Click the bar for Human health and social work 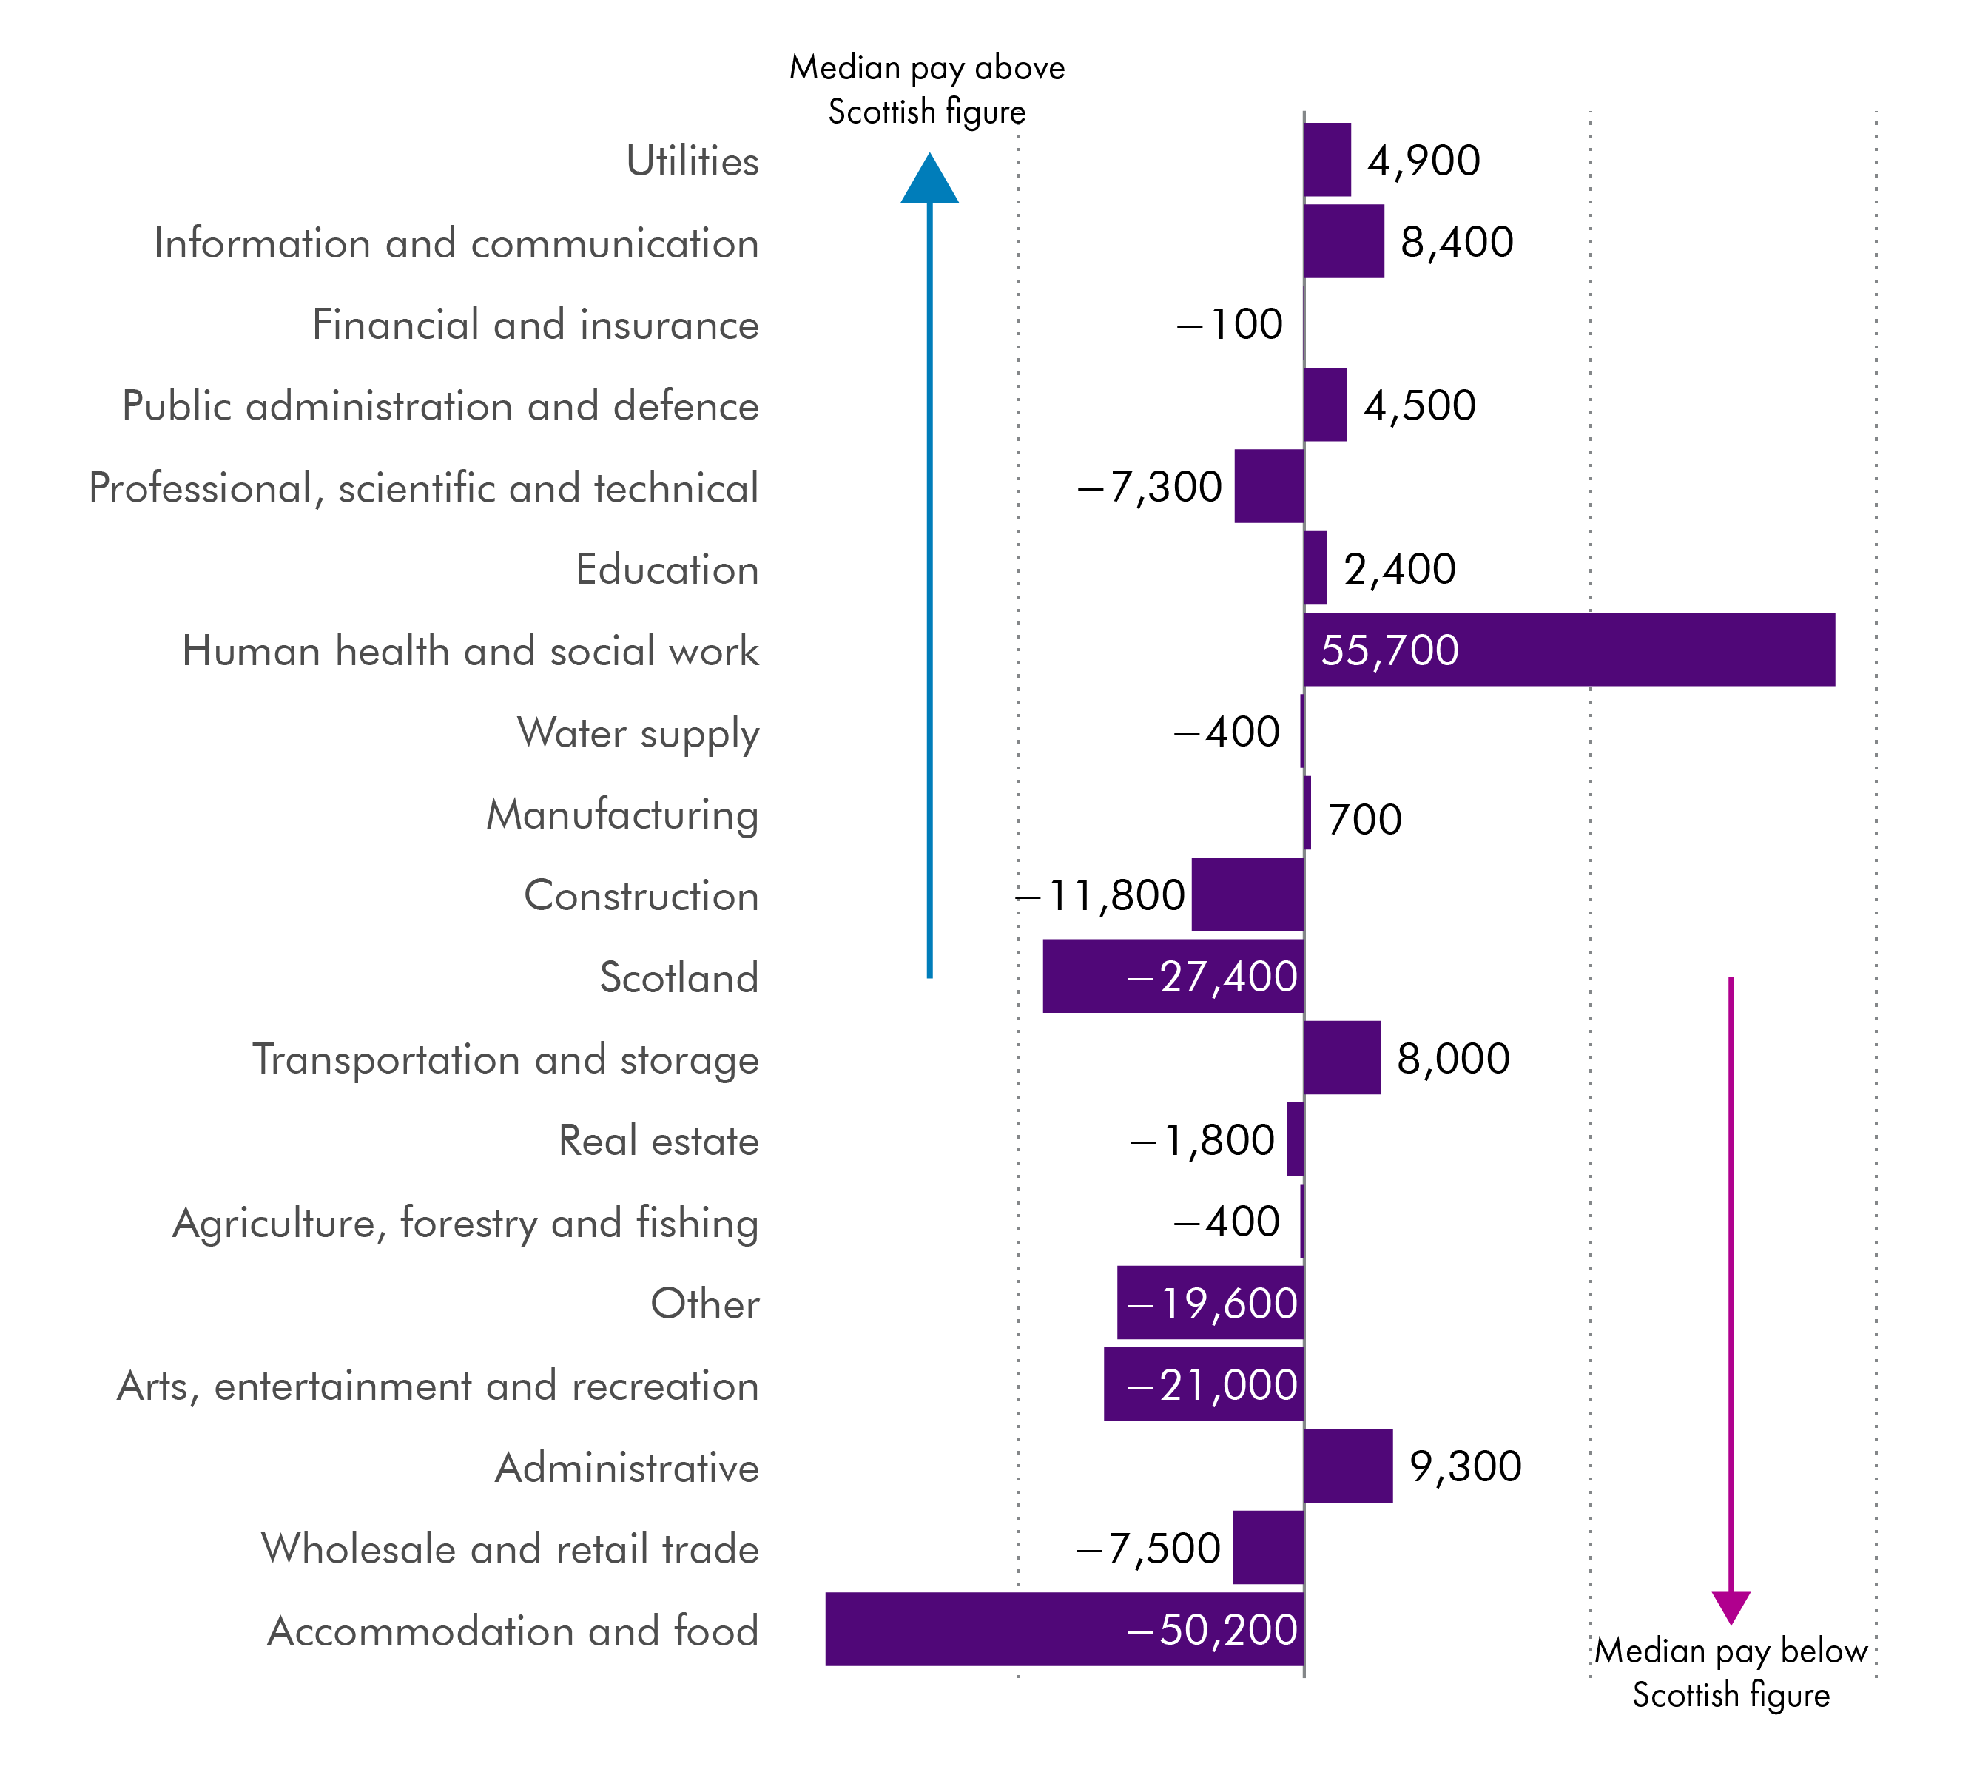click(x=1569, y=649)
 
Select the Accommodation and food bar click(x=1065, y=1628)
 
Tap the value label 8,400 click(x=1456, y=242)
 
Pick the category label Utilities click(x=693, y=161)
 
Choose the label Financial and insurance click(x=535, y=324)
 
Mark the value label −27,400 click(x=1212, y=977)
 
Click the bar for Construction click(x=1247, y=894)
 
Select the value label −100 click(x=1229, y=324)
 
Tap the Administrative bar click(x=1347, y=1466)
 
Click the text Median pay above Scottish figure click(x=926, y=89)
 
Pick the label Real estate click(x=658, y=1141)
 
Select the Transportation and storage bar click(x=1341, y=1057)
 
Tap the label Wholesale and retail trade click(x=509, y=1548)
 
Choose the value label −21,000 click(x=1212, y=1384)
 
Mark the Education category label click(x=667, y=569)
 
